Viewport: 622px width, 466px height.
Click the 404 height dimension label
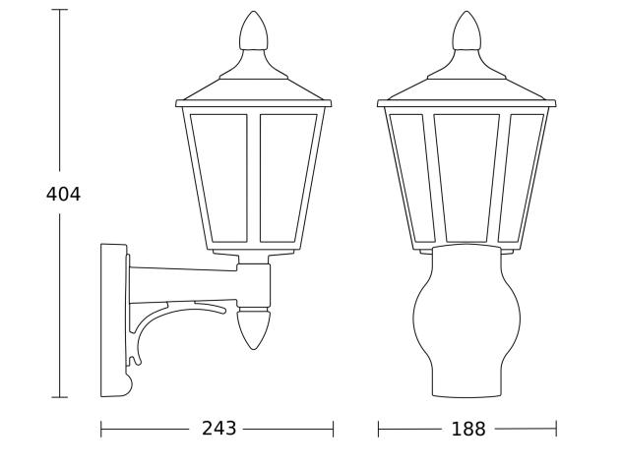pyautogui.click(x=63, y=195)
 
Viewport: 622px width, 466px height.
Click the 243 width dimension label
pyautogui.click(x=218, y=429)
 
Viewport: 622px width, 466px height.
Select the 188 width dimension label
pyautogui.click(x=468, y=429)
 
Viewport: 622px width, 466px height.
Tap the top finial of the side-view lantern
pyautogui.click(x=253, y=30)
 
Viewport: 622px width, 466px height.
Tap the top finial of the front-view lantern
pyautogui.click(x=466, y=30)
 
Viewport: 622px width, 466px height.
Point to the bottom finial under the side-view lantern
pyautogui.click(x=254, y=328)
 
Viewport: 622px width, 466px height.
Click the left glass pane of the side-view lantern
pyautogui.click(x=220, y=178)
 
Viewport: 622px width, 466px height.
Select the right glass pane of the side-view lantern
pyautogui.click(x=287, y=178)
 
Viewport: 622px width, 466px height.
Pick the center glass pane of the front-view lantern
pyautogui.click(x=466, y=178)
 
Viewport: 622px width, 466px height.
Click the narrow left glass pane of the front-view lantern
pyautogui.click(x=411, y=178)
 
